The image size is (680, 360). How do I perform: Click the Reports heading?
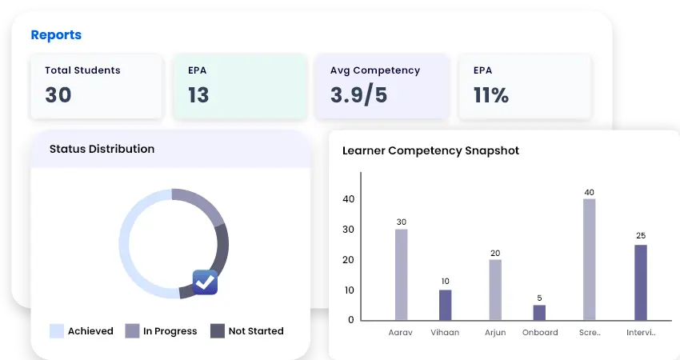56,35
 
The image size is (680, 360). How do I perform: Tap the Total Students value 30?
58,95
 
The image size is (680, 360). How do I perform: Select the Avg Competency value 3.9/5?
358,95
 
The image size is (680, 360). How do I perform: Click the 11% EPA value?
491,95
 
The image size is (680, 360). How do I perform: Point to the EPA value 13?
198,95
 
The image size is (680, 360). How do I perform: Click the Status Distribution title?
102,149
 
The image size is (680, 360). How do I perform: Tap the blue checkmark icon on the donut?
206,282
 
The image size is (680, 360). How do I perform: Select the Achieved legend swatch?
57,331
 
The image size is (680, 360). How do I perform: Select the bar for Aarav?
401,274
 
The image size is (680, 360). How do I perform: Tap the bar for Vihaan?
446,305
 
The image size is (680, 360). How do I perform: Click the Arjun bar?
495,290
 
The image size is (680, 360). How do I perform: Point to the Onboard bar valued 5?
539,313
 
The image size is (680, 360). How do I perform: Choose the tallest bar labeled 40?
589,259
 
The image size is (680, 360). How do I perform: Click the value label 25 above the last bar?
640,236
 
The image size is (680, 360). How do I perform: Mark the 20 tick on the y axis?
349,260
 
